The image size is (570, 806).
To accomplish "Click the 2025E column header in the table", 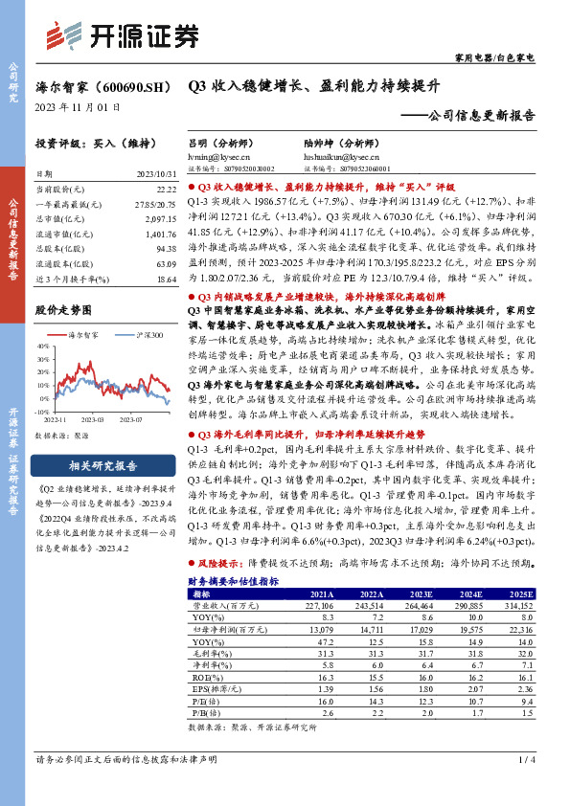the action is tap(519, 593).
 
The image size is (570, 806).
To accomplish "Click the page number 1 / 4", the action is tap(524, 759).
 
